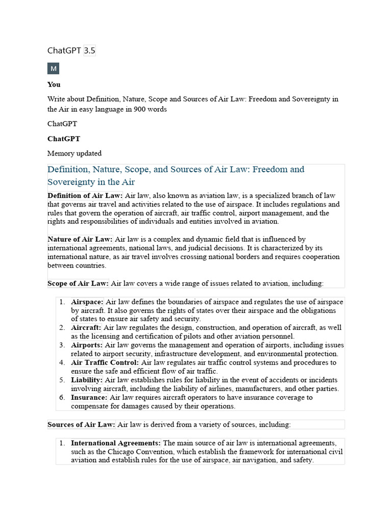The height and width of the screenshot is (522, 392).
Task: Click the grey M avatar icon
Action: [x=54, y=68]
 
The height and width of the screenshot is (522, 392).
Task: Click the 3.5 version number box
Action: [x=90, y=50]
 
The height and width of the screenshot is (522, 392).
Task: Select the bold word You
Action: [x=54, y=85]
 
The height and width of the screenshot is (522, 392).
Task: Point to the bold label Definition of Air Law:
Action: [x=85, y=196]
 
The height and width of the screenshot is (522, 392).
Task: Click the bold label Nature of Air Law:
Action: [x=80, y=239]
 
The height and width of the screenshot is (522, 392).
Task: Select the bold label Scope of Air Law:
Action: [x=78, y=283]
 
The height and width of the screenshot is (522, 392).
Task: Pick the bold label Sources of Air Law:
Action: [x=82, y=425]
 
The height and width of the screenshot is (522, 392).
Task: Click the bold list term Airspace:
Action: [x=87, y=302]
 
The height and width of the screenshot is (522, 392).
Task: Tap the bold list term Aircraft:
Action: [x=86, y=328]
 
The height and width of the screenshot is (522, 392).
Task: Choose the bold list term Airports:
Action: [x=87, y=345]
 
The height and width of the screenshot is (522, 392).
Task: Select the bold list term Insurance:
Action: [x=89, y=398]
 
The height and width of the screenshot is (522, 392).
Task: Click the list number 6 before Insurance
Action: [x=61, y=398]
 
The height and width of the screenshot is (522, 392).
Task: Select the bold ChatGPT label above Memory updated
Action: [x=64, y=139]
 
